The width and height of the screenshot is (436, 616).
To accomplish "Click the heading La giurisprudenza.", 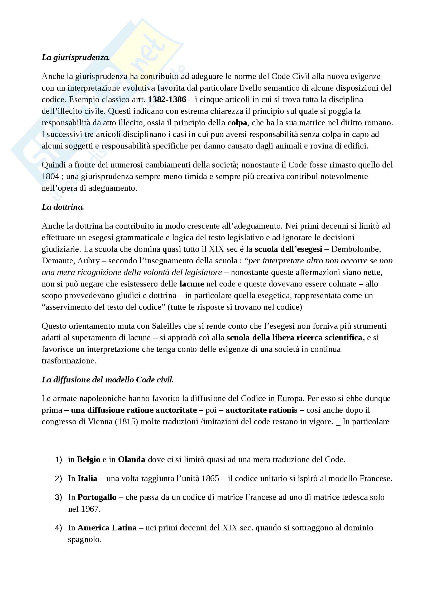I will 75,57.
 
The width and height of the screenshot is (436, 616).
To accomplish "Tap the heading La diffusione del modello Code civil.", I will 108,380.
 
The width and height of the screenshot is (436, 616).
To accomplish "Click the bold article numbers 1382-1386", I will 167,100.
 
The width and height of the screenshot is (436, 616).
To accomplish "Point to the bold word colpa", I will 237,123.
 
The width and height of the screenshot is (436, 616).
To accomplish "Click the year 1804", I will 50,176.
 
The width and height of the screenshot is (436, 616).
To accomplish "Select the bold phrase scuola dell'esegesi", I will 288,249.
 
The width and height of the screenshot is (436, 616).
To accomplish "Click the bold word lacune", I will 191,284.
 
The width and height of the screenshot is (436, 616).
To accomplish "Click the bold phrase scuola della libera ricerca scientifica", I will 295,338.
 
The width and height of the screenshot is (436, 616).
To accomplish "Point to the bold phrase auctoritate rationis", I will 261,410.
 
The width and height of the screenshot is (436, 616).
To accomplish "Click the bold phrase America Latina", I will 107,528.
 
